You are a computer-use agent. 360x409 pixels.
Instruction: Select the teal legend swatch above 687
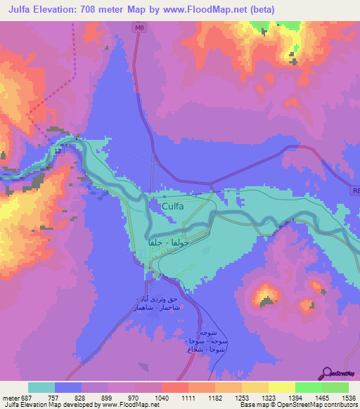click(41, 387)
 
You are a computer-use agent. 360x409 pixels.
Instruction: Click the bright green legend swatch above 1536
click(335, 387)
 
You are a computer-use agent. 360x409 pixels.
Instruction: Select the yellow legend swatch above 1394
click(281, 387)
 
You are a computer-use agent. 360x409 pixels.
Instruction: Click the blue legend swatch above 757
click(68, 387)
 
